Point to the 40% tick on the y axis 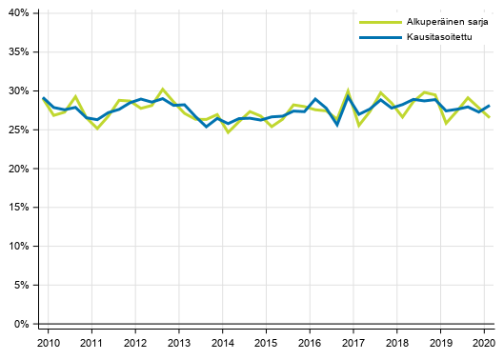coord(20,13)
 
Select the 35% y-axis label coord(20,52)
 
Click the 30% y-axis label coord(20,91)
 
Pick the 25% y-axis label coord(20,130)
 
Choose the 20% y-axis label coord(20,169)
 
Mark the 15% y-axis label coord(20,208)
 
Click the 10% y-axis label coord(20,247)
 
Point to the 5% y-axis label coord(23,286)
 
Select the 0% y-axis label coord(23,325)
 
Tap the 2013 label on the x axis coord(178,343)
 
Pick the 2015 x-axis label coord(266,343)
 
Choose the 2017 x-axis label coord(353,343)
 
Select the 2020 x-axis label coord(484,343)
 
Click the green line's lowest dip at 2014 coord(228,132)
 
